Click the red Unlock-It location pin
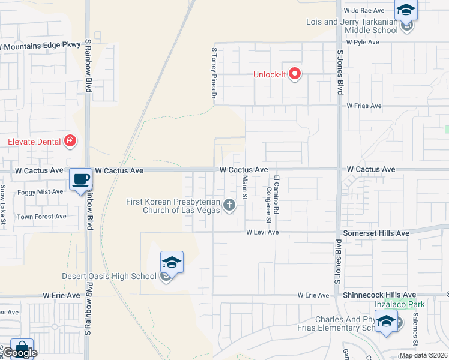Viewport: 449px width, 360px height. (x=295, y=74)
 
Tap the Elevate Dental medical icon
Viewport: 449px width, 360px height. (x=70, y=142)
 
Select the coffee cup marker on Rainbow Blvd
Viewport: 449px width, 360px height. (x=80, y=179)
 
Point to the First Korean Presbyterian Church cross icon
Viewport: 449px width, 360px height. (x=228, y=206)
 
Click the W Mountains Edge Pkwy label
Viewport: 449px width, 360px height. (x=40, y=44)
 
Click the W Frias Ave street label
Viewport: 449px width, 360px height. (x=364, y=106)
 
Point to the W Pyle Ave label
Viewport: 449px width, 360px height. (x=363, y=43)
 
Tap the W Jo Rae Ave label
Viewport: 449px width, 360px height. (x=363, y=11)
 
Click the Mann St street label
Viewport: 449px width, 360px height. (x=245, y=188)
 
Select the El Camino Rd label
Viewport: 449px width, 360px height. (x=276, y=194)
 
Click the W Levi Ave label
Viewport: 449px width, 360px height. (x=262, y=232)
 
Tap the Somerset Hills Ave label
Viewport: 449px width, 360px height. (x=376, y=233)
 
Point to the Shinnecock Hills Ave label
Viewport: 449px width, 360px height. (x=379, y=295)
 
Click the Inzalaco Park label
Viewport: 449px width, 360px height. (x=399, y=304)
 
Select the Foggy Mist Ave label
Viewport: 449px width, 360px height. (x=41, y=192)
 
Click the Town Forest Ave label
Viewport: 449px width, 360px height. (x=41, y=217)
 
